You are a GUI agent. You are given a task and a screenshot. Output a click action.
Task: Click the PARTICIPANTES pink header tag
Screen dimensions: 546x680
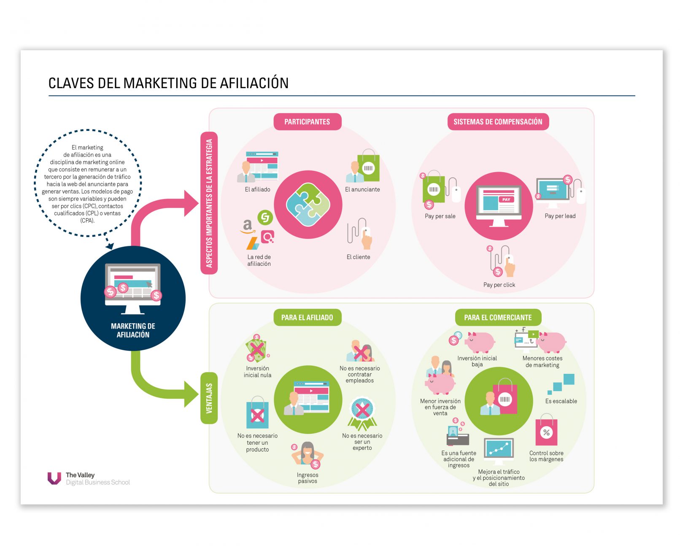[307, 122]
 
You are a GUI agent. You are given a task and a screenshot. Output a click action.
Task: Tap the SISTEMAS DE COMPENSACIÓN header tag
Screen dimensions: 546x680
[498, 122]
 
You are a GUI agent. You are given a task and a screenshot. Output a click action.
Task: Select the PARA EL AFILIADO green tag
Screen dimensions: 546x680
[307, 317]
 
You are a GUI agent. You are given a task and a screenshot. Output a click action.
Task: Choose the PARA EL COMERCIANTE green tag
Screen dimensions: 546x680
[498, 317]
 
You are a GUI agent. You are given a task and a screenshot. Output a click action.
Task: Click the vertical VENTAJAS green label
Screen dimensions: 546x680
[209, 398]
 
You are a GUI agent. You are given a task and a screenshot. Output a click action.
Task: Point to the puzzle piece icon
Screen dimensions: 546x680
[308, 205]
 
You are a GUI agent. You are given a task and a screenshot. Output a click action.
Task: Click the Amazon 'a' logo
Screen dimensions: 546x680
[248, 225]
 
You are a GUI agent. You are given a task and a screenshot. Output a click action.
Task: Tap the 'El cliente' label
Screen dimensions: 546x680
[358, 257]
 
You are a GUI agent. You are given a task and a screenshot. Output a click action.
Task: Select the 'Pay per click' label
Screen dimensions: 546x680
[499, 285]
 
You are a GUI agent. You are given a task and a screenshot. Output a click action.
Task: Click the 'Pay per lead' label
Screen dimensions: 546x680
[560, 216]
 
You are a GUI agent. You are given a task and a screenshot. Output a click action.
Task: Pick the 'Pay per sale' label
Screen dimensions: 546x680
[440, 216]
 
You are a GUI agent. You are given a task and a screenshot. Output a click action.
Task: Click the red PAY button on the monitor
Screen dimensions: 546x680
[506, 200]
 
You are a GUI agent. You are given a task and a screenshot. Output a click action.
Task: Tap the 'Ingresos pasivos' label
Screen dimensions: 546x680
[308, 478]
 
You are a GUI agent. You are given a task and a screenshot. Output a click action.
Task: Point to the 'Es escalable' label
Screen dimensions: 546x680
[561, 401]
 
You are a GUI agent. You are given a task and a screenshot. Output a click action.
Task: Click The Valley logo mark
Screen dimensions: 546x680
[54, 478]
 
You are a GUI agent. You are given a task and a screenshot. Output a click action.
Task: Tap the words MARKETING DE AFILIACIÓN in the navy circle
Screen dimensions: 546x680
[133, 330]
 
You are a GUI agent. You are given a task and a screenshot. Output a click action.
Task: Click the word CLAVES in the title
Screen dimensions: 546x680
[71, 83]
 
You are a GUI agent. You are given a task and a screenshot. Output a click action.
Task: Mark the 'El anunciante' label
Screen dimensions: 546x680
[362, 189]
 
